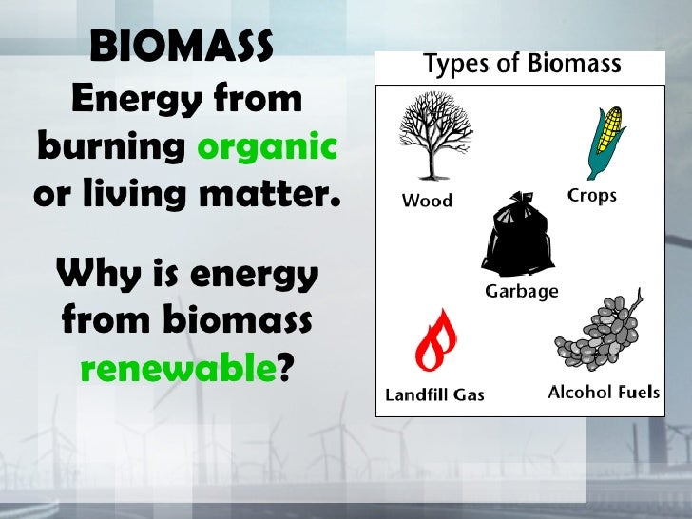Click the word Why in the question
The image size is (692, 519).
click(94, 276)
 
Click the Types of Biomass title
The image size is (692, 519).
click(522, 65)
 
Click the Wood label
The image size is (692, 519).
click(427, 201)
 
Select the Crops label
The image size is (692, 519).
click(591, 196)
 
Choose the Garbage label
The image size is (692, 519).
click(522, 291)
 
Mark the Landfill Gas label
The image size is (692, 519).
click(434, 394)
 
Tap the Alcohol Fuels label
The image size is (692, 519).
click(604, 392)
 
